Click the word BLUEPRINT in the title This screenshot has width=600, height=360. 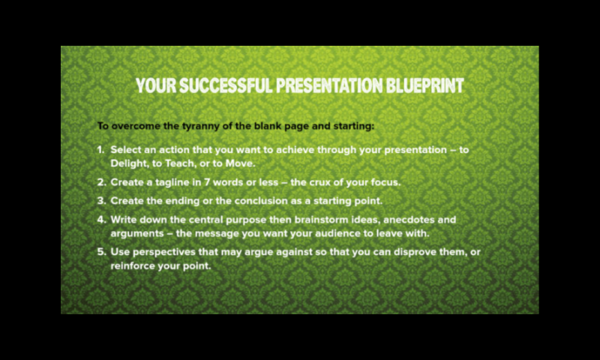(x=424, y=85)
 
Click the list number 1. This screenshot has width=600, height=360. (x=100, y=149)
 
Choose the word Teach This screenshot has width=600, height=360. (x=179, y=163)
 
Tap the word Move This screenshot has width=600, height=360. (x=240, y=163)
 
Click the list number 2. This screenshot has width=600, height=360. (x=101, y=182)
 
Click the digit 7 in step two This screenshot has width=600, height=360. (x=207, y=182)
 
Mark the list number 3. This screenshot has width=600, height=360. (x=101, y=201)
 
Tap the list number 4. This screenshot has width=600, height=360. (x=101, y=220)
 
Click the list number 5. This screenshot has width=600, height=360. (x=101, y=252)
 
